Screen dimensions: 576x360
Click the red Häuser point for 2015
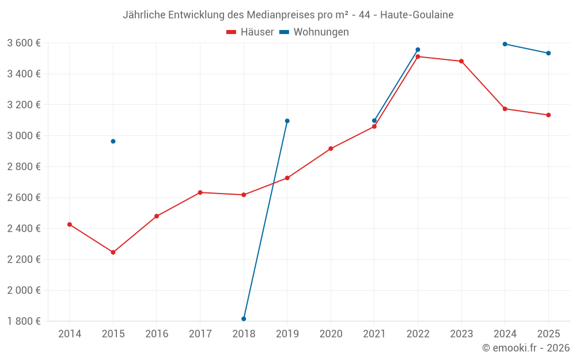coord(113,252)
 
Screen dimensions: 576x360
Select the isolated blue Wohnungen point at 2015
coord(113,142)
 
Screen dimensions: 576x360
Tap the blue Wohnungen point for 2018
coord(244,319)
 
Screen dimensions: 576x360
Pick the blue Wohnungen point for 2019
coord(287,121)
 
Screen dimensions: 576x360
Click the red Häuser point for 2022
coord(418,56)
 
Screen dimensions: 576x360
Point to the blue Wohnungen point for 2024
coord(505,44)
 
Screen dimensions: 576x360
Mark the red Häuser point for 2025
coord(548,115)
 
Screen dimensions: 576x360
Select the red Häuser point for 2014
coord(70,225)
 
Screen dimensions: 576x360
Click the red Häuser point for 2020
coord(331,149)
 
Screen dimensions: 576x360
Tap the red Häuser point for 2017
coord(200,192)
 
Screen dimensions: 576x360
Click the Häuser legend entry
coord(250,32)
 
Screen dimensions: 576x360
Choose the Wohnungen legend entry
coord(314,32)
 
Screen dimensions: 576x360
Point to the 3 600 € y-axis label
coord(24,43)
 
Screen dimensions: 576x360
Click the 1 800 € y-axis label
coord(24,321)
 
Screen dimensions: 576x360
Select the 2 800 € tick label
coord(24,167)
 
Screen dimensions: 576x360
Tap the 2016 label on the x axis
coord(157,334)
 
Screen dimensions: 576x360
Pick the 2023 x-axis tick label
coord(461,334)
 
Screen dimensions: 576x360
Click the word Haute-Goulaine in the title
coord(417,15)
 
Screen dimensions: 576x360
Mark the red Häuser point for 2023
coord(461,62)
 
